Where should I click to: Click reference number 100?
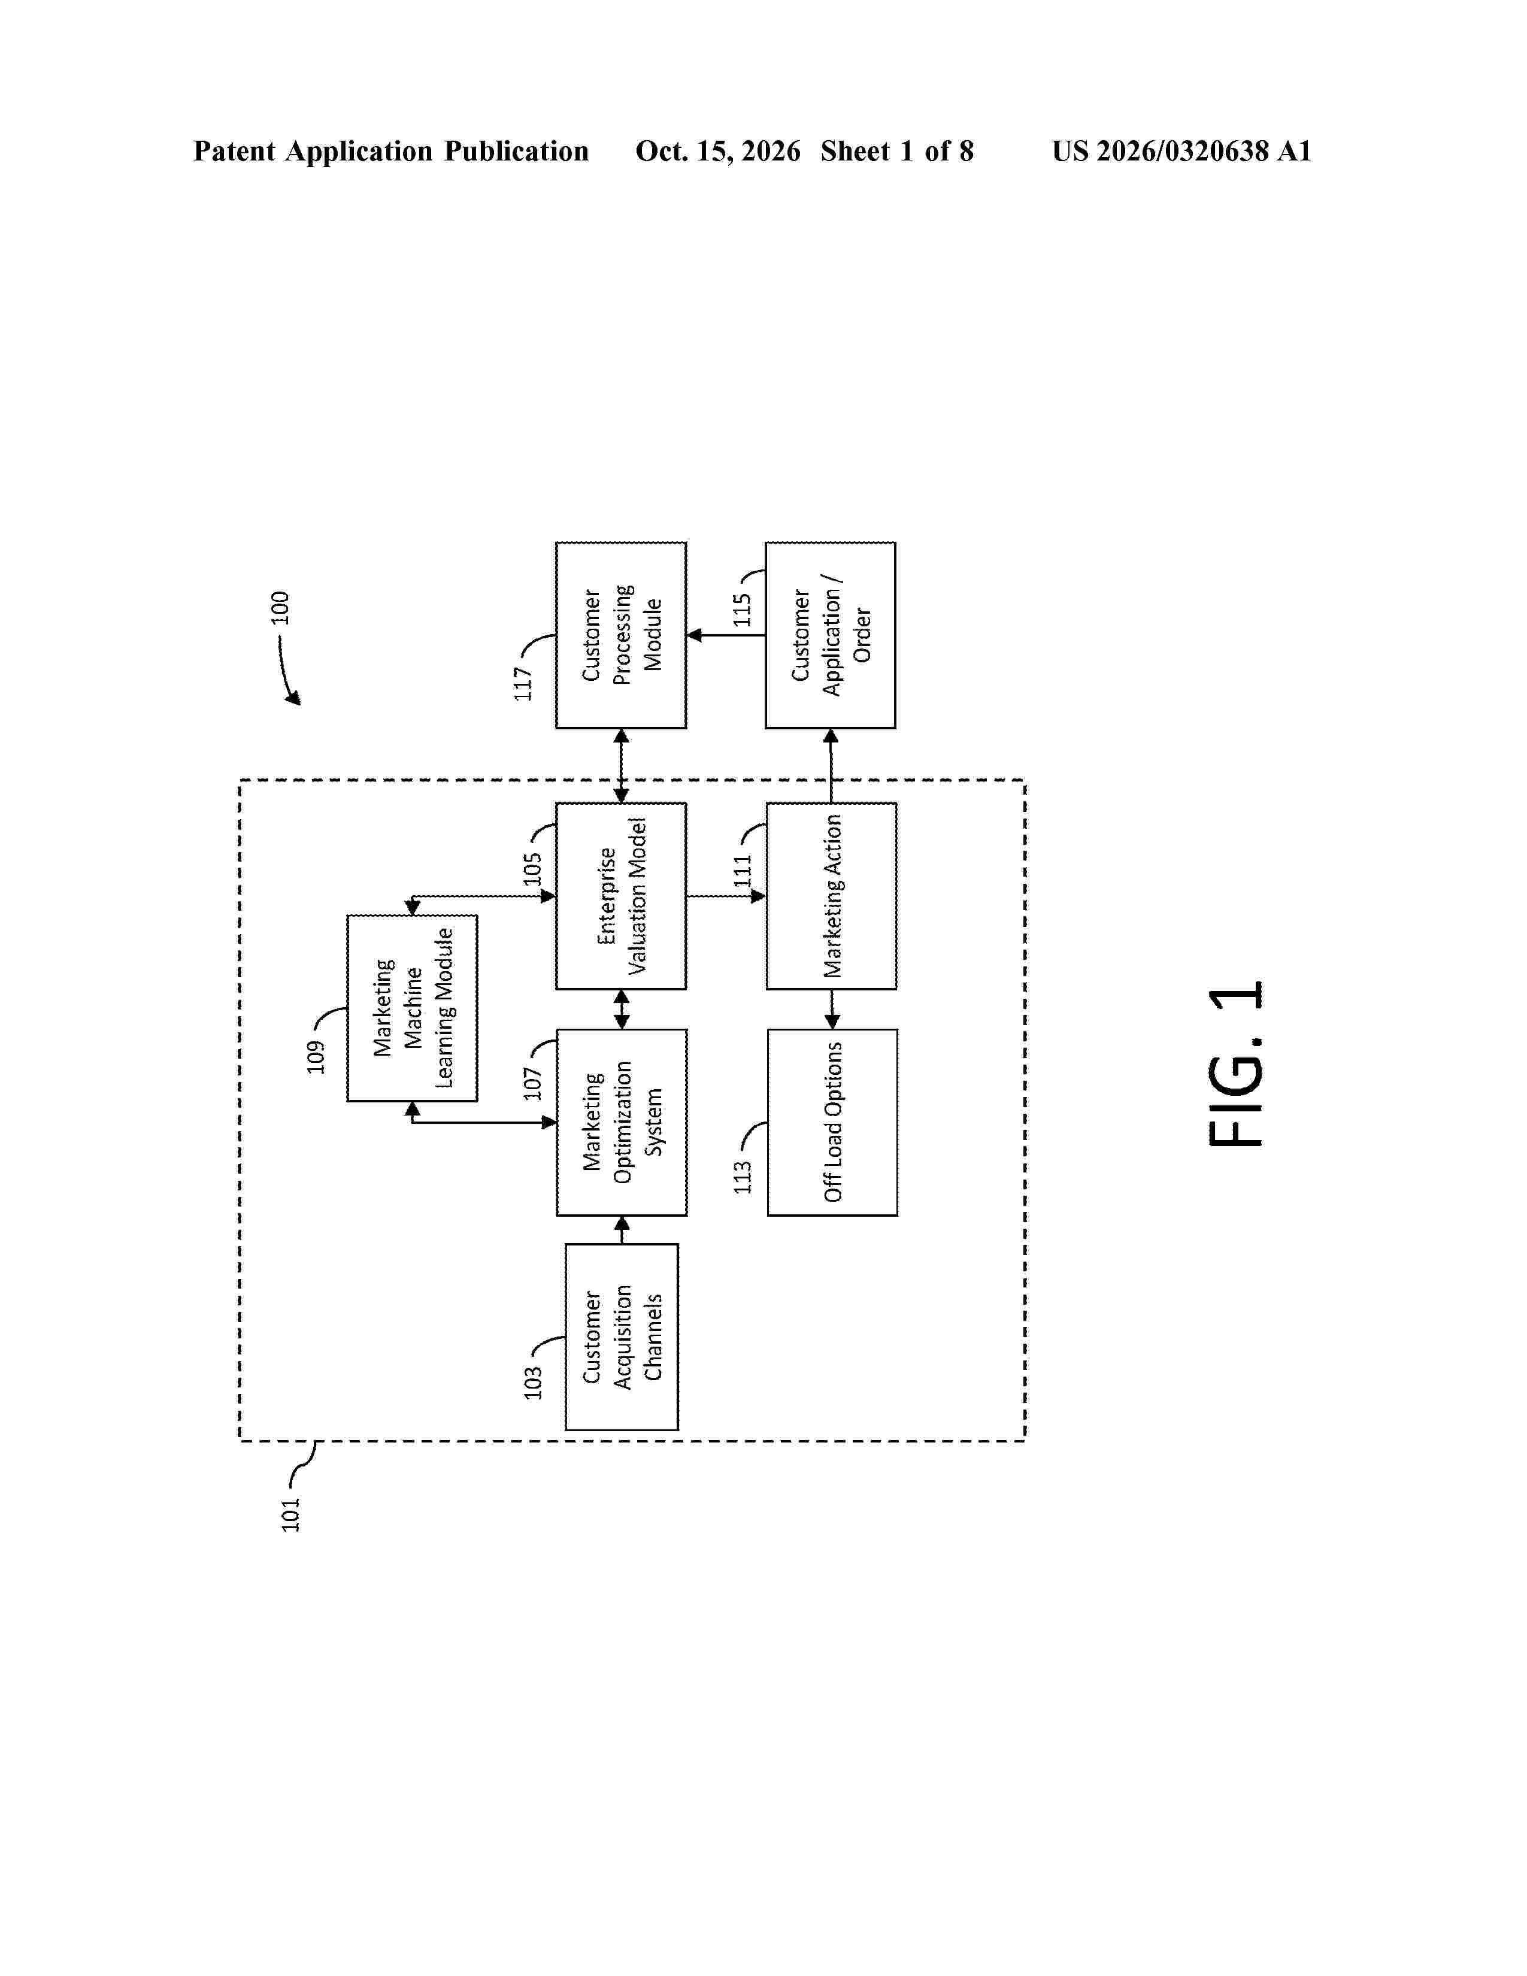[x=280, y=607]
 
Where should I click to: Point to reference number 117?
[x=523, y=683]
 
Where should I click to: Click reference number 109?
[x=315, y=1057]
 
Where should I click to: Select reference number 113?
[x=743, y=1177]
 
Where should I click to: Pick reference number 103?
[x=533, y=1383]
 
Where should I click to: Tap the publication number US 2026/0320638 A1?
[x=1181, y=151]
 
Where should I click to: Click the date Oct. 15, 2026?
[x=718, y=151]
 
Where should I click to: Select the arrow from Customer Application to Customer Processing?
[x=726, y=635]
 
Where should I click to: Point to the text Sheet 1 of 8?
[x=898, y=151]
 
